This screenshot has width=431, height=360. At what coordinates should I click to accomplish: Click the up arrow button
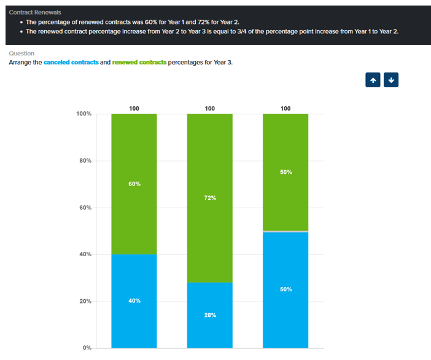pyautogui.click(x=373, y=80)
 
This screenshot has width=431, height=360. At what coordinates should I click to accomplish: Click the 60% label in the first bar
pyautogui.click(x=134, y=184)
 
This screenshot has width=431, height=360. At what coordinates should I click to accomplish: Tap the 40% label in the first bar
pyautogui.click(x=134, y=300)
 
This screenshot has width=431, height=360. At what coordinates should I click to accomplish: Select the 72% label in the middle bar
pyautogui.click(x=210, y=198)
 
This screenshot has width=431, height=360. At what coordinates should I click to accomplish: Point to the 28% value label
pyautogui.click(x=210, y=315)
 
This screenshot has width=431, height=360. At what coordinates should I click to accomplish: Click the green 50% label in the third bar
pyautogui.click(x=285, y=172)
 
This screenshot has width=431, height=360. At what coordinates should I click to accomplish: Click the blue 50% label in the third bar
pyautogui.click(x=285, y=289)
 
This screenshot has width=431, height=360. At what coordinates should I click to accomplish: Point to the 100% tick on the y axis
pyautogui.click(x=83, y=114)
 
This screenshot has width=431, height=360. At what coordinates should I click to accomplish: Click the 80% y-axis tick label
pyautogui.click(x=85, y=161)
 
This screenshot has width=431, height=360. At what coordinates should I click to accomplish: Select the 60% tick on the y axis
pyautogui.click(x=85, y=208)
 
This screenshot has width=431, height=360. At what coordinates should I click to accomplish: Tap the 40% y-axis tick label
pyautogui.click(x=85, y=254)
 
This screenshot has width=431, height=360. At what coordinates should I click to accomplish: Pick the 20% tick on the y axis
pyautogui.click(x=85, y=302)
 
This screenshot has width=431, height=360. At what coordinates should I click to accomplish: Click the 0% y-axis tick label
pyautogui.click(x=87, y=348)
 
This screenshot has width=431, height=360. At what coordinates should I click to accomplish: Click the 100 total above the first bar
pyautogui.click(x=134, y=108)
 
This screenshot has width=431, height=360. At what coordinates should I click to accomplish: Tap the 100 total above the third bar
pyautogui.click(x=285, y=108)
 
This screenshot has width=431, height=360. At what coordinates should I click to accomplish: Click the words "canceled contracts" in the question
pyautogui.click(x=71, y=63)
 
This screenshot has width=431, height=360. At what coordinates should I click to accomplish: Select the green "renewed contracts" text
pyautogui.click(x=139, y=63)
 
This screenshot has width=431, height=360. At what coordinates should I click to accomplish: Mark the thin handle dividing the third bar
pyautogui.click(x=285, y=231)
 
